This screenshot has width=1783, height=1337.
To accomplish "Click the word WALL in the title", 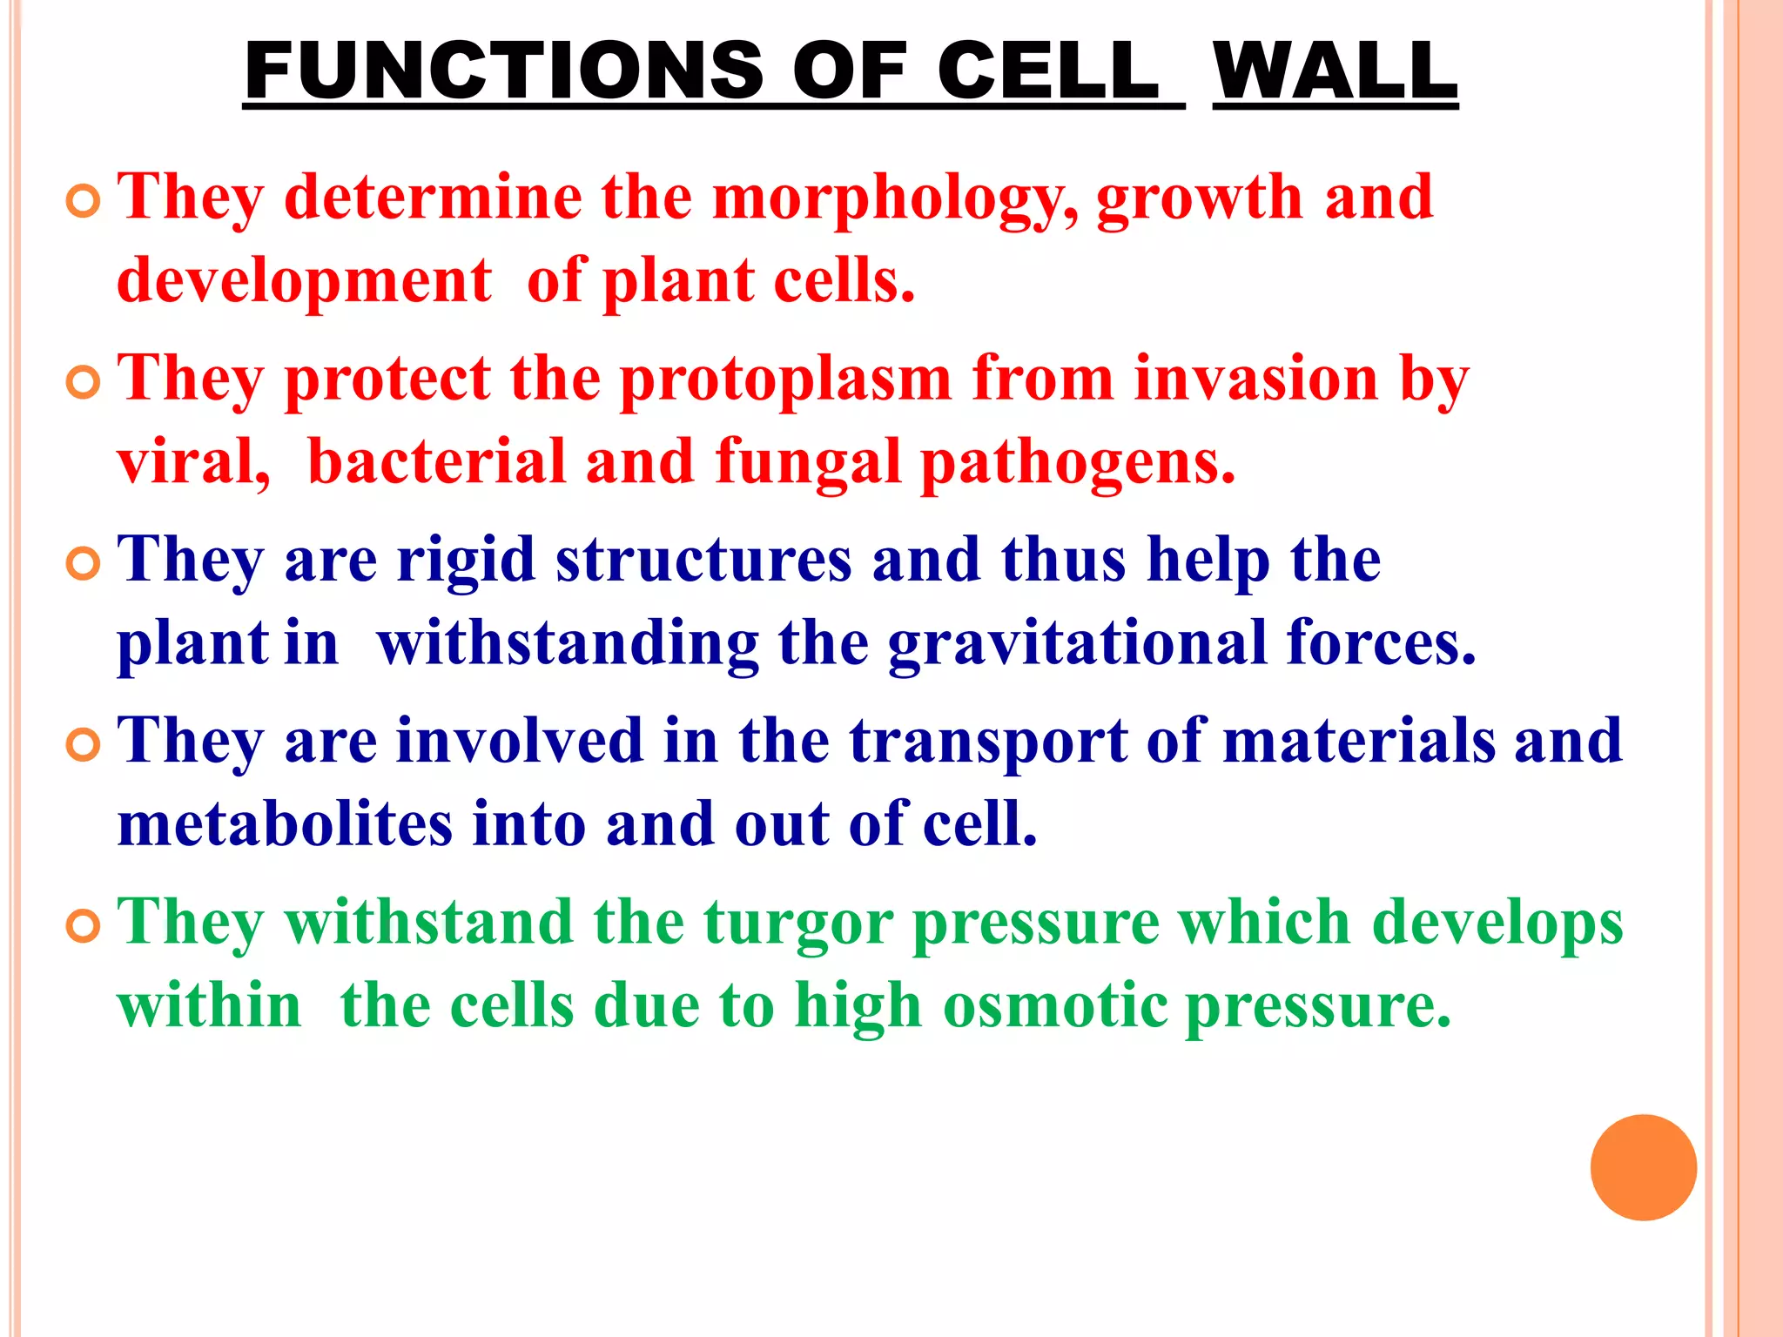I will [1335, 71].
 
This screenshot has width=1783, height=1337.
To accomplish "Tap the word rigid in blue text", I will [465, 562].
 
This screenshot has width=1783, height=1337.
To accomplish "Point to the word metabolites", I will [285, 824].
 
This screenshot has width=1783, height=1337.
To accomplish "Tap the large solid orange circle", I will [1643, 1167].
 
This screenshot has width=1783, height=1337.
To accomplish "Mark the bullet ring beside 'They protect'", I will [84, 383].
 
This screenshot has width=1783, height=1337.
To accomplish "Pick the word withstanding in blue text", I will [568, 644].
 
